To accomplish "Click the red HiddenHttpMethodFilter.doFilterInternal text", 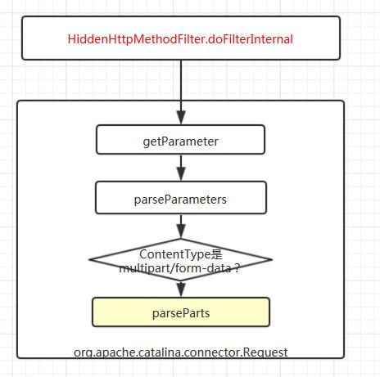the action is tap(180, 39).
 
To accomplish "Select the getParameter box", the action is tap(180, 140).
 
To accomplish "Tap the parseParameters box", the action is tap(181, 198).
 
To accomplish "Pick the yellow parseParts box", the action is tap(181, 312).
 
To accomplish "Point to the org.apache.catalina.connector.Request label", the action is tap(180, 352).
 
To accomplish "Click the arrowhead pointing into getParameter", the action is tap(181, 117).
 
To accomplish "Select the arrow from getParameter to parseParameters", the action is tap(181, 168).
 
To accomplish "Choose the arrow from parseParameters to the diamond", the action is tap(181, 227).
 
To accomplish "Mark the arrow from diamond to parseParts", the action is tap(181, 289).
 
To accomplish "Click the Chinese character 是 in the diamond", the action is tap(217, 254).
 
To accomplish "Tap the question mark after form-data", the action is tap(237, 268).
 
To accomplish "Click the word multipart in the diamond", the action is tap(144, 268).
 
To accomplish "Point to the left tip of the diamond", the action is tap(89, 259).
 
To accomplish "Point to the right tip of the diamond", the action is tap(272, 259).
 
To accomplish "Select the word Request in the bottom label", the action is tap(265, 352).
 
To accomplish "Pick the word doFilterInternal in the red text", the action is tap(251, 39).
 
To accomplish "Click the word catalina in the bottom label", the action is tap(158, 352).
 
